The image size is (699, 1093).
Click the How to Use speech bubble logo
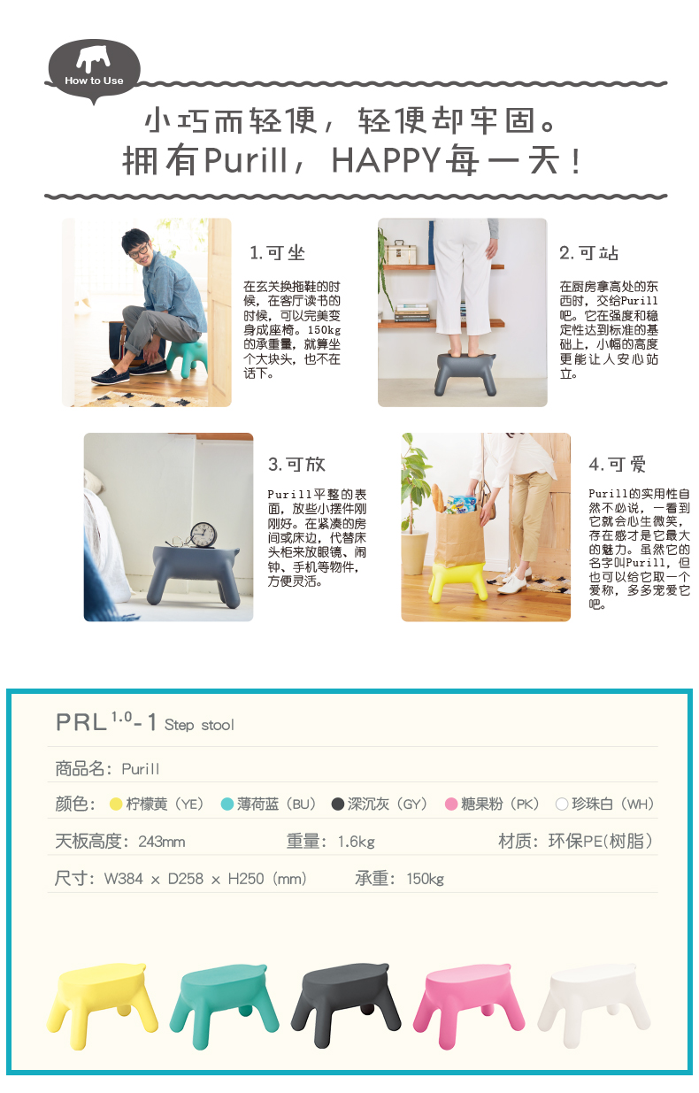94,69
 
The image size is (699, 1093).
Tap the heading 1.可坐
277,253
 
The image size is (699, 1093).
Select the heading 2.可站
589,253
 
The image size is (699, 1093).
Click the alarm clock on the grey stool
203,534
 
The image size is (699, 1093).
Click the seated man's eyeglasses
140,250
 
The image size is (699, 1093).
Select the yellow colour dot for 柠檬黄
115,804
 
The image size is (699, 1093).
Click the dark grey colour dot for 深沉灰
337,804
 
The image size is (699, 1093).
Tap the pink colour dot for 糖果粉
450,804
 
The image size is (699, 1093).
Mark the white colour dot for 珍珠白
561,804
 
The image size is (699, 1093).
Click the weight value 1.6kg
356,841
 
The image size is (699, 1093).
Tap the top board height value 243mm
161,841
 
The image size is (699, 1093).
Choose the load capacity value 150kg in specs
425,879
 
